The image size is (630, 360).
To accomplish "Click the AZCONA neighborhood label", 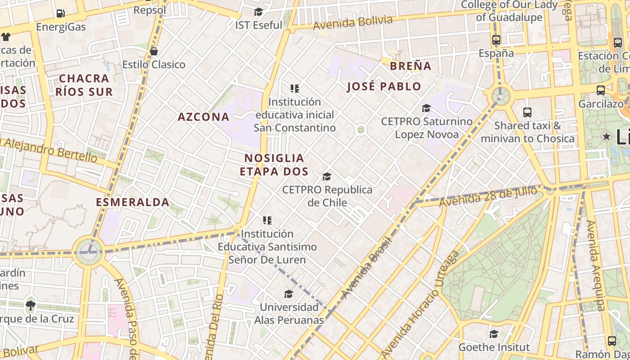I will click(x=203, y=117).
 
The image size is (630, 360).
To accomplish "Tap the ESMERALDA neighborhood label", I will click(x=133, y=202).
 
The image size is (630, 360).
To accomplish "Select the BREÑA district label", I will click(x=410, y=66).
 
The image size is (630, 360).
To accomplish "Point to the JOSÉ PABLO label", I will click(x=384, y=86).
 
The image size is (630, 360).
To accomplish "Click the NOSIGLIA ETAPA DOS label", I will click(x=274, y=165).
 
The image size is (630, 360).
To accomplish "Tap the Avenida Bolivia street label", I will click(x=353, y=23).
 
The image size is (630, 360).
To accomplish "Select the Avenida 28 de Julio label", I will click(x=488, y=197).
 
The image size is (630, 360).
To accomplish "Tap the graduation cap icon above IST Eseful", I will click(x=258, y=12).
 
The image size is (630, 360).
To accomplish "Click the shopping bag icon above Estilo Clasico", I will click(x=154, y=51).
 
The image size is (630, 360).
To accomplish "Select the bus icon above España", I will click(x=496, y=40).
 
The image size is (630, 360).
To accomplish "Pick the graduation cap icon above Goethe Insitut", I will click(x=494, y=334).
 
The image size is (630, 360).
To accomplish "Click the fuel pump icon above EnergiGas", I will click(x=60, y=13).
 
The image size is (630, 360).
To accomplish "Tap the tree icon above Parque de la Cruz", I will click(x=31, y=305).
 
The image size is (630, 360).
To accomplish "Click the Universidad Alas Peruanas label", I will click(x=289, y=314).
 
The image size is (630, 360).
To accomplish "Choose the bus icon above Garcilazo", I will click(x=600, y=90).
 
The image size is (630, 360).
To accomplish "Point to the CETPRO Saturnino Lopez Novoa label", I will click(x=427, y=128).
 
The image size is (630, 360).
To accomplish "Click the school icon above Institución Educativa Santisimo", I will click(x=267, y=220).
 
